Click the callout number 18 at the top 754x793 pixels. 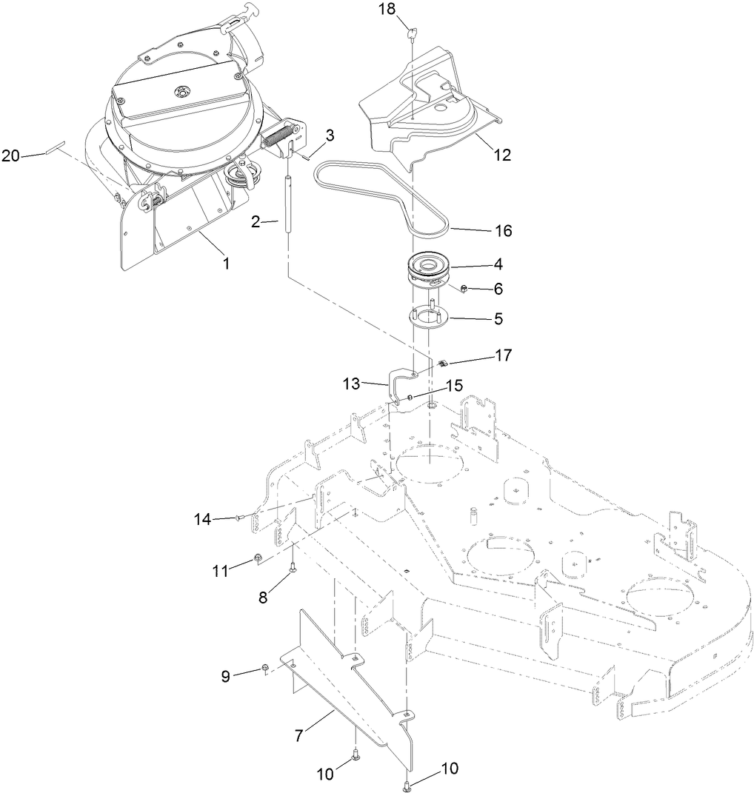pos(387,9)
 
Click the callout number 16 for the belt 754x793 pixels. pos(503,231)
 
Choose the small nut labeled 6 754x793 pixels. pos(461,287)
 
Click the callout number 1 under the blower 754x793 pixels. pos(227,262)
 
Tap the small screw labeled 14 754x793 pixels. pos(238,520)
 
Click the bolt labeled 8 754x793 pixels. pos(293,566)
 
